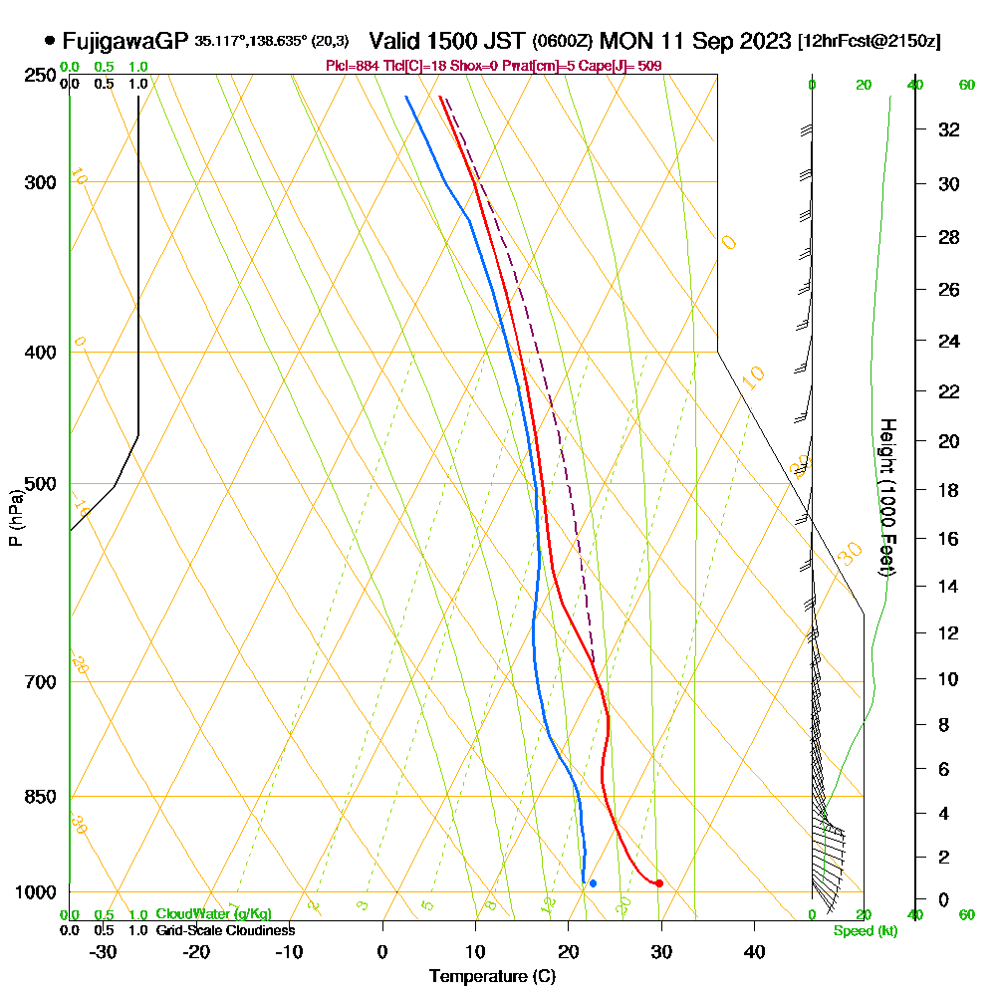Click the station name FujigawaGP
125,41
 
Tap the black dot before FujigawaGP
50,41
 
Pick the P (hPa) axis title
15,517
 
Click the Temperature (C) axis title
492,976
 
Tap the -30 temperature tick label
104,951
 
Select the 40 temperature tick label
754,951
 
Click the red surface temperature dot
659,883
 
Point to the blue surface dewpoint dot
593,883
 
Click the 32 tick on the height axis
949,129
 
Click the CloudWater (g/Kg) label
213,914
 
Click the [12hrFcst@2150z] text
869,42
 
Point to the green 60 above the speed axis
966,85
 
